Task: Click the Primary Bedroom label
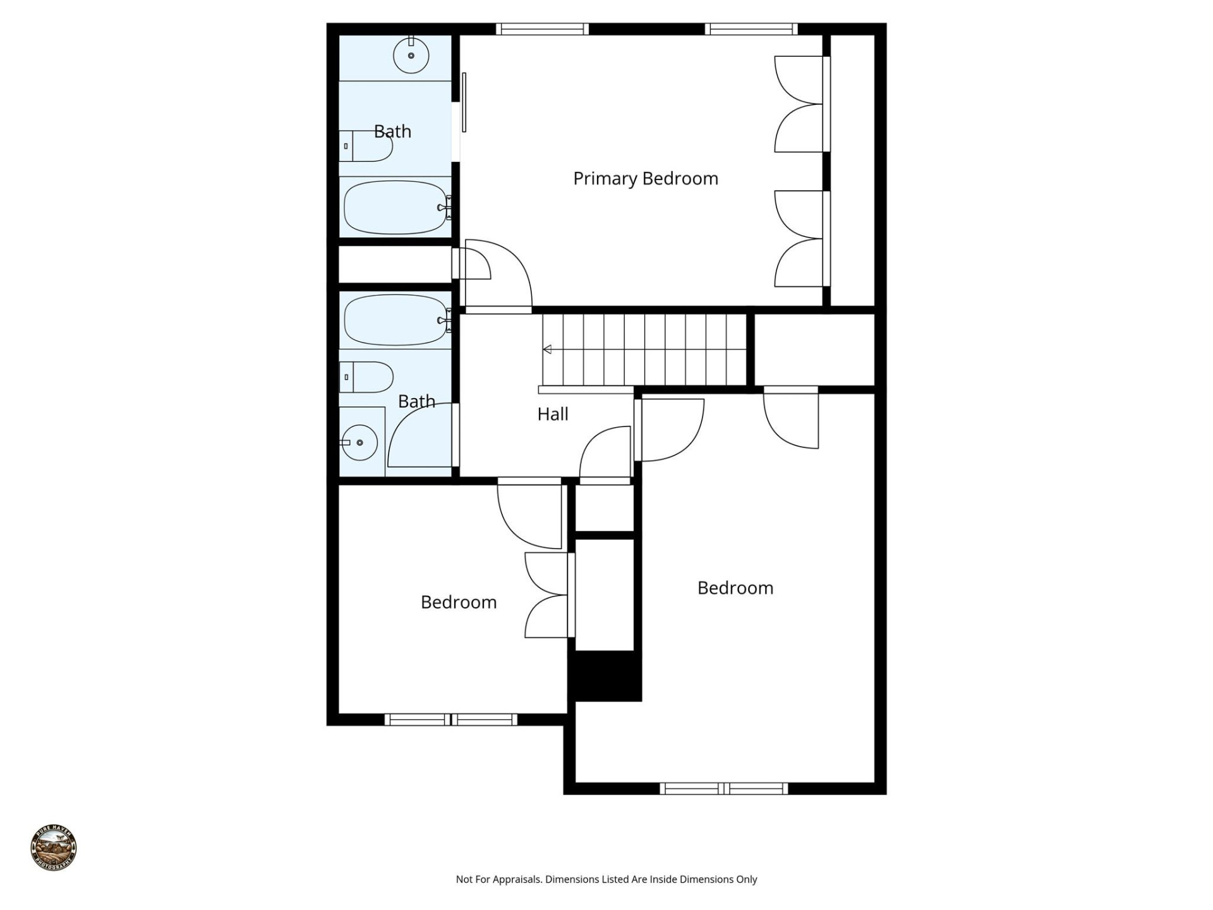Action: point(645,179)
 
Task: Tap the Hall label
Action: point(552,415)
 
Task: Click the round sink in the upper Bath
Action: point(411,56)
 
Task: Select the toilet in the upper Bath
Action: point(366,146)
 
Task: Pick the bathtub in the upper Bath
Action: point(395,207)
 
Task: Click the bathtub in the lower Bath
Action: point(395,320)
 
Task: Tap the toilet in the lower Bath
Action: point(366,377)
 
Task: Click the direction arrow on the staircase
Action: point(547,349)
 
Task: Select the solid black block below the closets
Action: point(605,676)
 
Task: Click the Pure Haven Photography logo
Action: point(54,848)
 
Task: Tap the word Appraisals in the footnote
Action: point(516,879)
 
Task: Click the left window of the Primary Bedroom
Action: point(542,29)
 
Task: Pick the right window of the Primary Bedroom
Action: point(751,29)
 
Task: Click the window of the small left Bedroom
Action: point(451,719)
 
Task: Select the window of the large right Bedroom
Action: point(724,789)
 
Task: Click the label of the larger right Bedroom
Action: point(735,588)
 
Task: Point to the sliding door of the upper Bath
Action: point(464,102)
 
